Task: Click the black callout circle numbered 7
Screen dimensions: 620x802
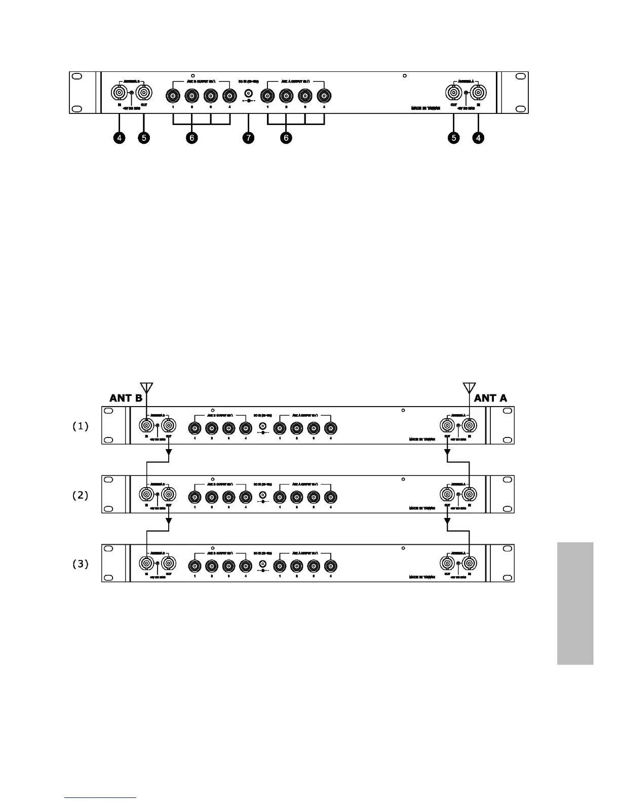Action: point(248,138)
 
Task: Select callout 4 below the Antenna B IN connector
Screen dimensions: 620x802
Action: point(119,138)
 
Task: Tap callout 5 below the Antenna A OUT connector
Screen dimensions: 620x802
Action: point(453,138)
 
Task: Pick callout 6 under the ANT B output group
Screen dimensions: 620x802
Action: point(191,138)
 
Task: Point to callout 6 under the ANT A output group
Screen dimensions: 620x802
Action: point(286,138)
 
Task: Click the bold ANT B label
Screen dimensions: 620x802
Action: point(126,398)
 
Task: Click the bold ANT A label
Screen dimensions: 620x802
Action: point(490,398)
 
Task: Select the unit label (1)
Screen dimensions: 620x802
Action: point(81,426)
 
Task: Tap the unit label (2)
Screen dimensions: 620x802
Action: point(81,495)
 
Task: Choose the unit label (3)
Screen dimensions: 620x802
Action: point(81,564)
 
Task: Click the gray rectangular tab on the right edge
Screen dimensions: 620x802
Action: point(575,603)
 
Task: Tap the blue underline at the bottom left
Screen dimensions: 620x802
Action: point(101,797)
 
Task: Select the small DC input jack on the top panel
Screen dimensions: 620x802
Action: point(249,94)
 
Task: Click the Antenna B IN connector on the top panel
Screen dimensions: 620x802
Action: point(119,93)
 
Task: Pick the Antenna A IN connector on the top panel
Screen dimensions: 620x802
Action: point(478,93)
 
